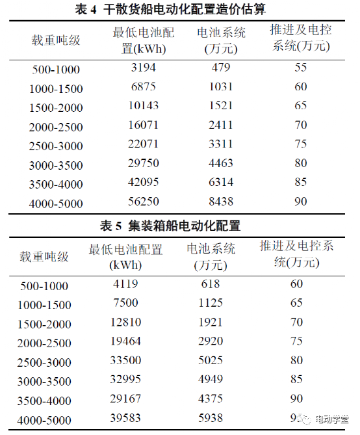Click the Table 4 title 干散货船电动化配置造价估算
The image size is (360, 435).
[x=180, y=10]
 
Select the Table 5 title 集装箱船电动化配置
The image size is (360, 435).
[x=170, y=226]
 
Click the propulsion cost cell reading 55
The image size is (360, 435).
[x=300, y=68]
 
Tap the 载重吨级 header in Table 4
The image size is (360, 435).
[x=57, y=40]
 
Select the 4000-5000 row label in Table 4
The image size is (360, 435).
[x=57, y=204]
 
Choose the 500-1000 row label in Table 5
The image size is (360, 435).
[x=44, y=286]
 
